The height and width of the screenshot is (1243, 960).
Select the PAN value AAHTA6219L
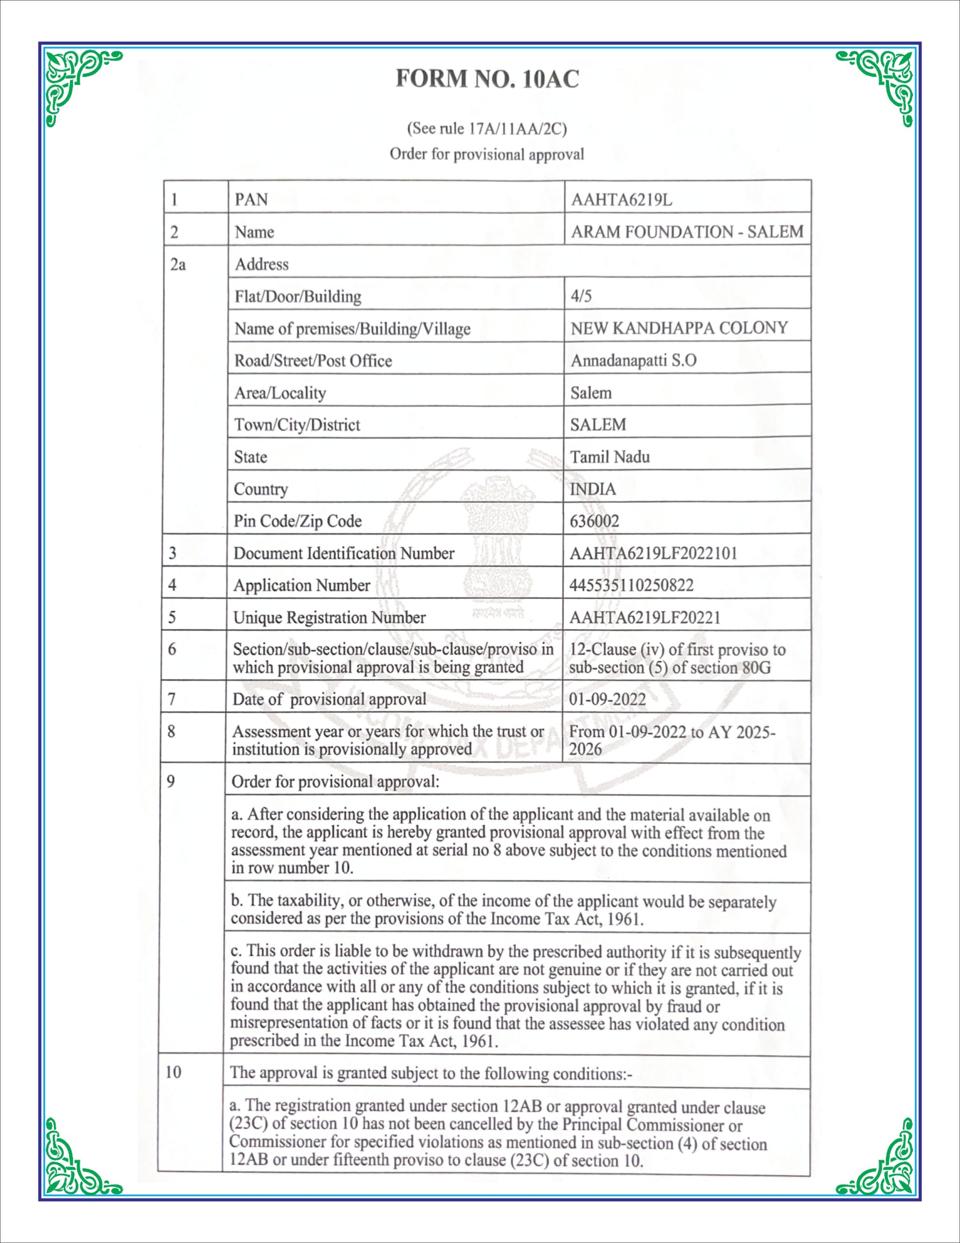[621, 200]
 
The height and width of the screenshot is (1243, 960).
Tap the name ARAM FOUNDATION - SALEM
[687, 232]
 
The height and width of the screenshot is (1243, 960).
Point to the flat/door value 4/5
[581, 296]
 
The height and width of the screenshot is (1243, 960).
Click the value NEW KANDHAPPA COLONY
[679, 328]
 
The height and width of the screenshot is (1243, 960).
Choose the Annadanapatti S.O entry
[633, 360]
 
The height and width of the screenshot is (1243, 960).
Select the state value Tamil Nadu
[610, 456]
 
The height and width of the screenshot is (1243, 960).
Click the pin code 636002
[594, 521]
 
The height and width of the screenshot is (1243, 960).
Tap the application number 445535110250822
[631, 585]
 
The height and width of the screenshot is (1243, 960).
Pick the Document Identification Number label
[344, 553]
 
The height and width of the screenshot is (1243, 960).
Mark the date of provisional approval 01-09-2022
[607, 698]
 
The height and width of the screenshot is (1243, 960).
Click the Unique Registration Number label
[330, 618]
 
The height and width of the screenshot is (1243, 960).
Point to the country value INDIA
[593, 489]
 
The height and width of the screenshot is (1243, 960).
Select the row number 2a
[178, 264]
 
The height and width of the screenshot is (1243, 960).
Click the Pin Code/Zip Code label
[298, 521]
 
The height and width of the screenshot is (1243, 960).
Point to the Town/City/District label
[297, 424]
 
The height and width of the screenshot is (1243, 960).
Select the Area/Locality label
[280, 393]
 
